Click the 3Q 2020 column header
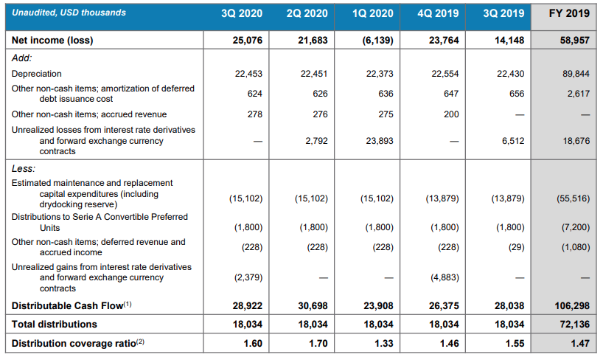pos(243,13)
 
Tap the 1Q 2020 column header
pos(373,13)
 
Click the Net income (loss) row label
pos(52,41)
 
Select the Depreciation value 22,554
pos(444,74)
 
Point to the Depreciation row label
pos(37,74)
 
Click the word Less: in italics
pos(24,168)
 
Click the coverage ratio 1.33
pos(383,343)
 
